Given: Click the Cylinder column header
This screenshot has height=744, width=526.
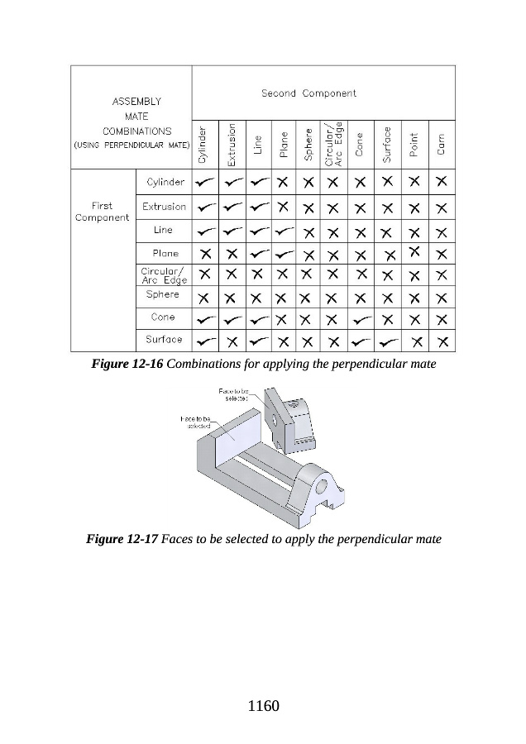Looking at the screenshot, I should tap(202, 145).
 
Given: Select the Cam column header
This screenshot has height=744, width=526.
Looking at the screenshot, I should tap(442, 145).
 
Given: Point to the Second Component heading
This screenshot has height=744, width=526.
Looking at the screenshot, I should tap(308, 93).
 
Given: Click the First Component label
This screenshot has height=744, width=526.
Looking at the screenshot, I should tap(102, 212).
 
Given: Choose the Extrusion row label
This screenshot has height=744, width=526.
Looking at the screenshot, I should tap(164, 207).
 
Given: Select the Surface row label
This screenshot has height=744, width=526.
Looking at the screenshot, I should tap(164, 339).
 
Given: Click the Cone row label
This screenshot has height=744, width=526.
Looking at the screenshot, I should tap(164, 317).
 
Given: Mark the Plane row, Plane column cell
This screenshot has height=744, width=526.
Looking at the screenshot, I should tap(283, 252).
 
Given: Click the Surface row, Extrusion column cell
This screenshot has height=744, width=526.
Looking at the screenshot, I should tap(232, 341).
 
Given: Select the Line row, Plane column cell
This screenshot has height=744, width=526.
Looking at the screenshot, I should tap(283, 230).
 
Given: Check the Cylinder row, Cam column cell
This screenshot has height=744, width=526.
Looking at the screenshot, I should tap(442, 181).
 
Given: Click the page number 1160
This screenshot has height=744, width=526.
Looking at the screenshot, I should tap(264, 707).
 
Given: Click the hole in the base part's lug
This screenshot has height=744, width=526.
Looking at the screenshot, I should tap(324, 486).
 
